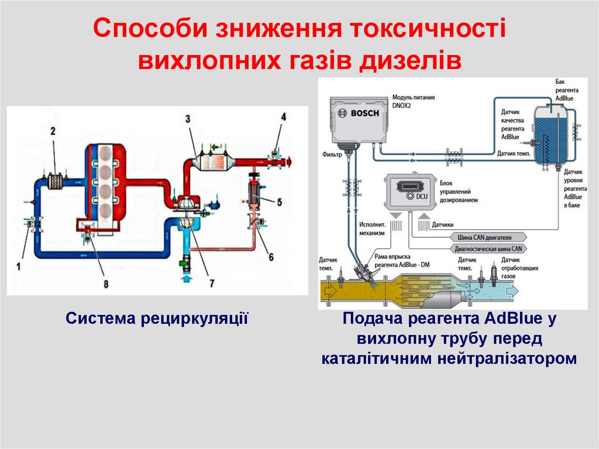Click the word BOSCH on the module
tap(366, 114)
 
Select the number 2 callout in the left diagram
tap(52, 131)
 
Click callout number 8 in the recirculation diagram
tap(106, 284)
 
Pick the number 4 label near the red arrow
tap(283, 116)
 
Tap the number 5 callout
tap(280, 203)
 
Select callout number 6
tap(271, 256)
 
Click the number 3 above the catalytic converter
tap(188, 119)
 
